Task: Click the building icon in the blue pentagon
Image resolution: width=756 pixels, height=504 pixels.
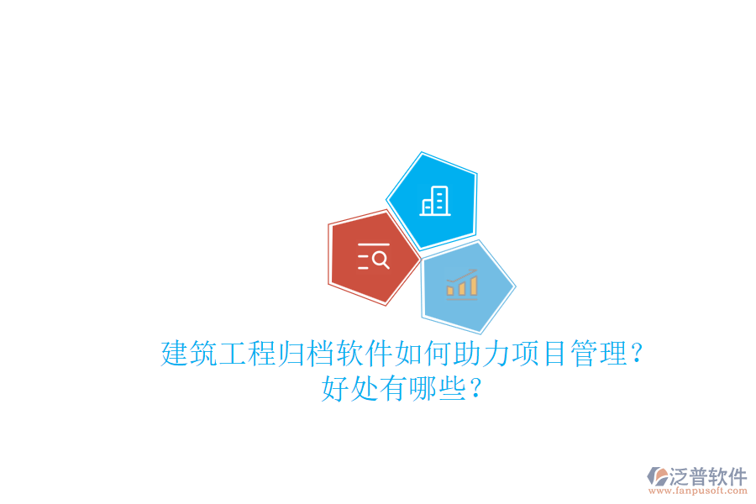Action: pos(435,201)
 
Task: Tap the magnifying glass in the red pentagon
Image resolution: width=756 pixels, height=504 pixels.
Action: pos(380,260)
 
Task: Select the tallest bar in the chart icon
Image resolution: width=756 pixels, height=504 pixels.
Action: pos(474,285)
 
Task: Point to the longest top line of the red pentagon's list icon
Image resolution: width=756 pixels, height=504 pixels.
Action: pos(374,244)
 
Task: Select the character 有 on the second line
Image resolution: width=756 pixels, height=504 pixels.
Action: pos(395,389)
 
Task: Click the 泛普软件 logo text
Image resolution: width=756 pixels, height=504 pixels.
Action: pos(708,476)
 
